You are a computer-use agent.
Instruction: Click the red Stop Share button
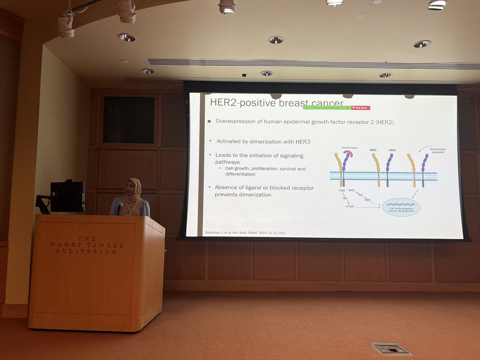(361, 108)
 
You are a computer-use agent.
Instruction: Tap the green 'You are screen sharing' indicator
(327, 108)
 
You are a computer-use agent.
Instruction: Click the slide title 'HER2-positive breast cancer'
(277, 103)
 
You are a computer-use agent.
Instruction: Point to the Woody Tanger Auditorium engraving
(87, 245)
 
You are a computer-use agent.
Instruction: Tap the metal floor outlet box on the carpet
(391, 349)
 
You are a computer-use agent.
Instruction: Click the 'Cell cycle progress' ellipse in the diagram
(401, 207)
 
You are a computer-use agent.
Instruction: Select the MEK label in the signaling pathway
(368, 199)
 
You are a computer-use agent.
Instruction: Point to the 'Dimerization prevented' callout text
(437, 151)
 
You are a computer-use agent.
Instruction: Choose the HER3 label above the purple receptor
(392, 150)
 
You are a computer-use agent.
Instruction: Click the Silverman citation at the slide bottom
(244, 233)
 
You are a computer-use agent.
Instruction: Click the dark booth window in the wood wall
(128, 120)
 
